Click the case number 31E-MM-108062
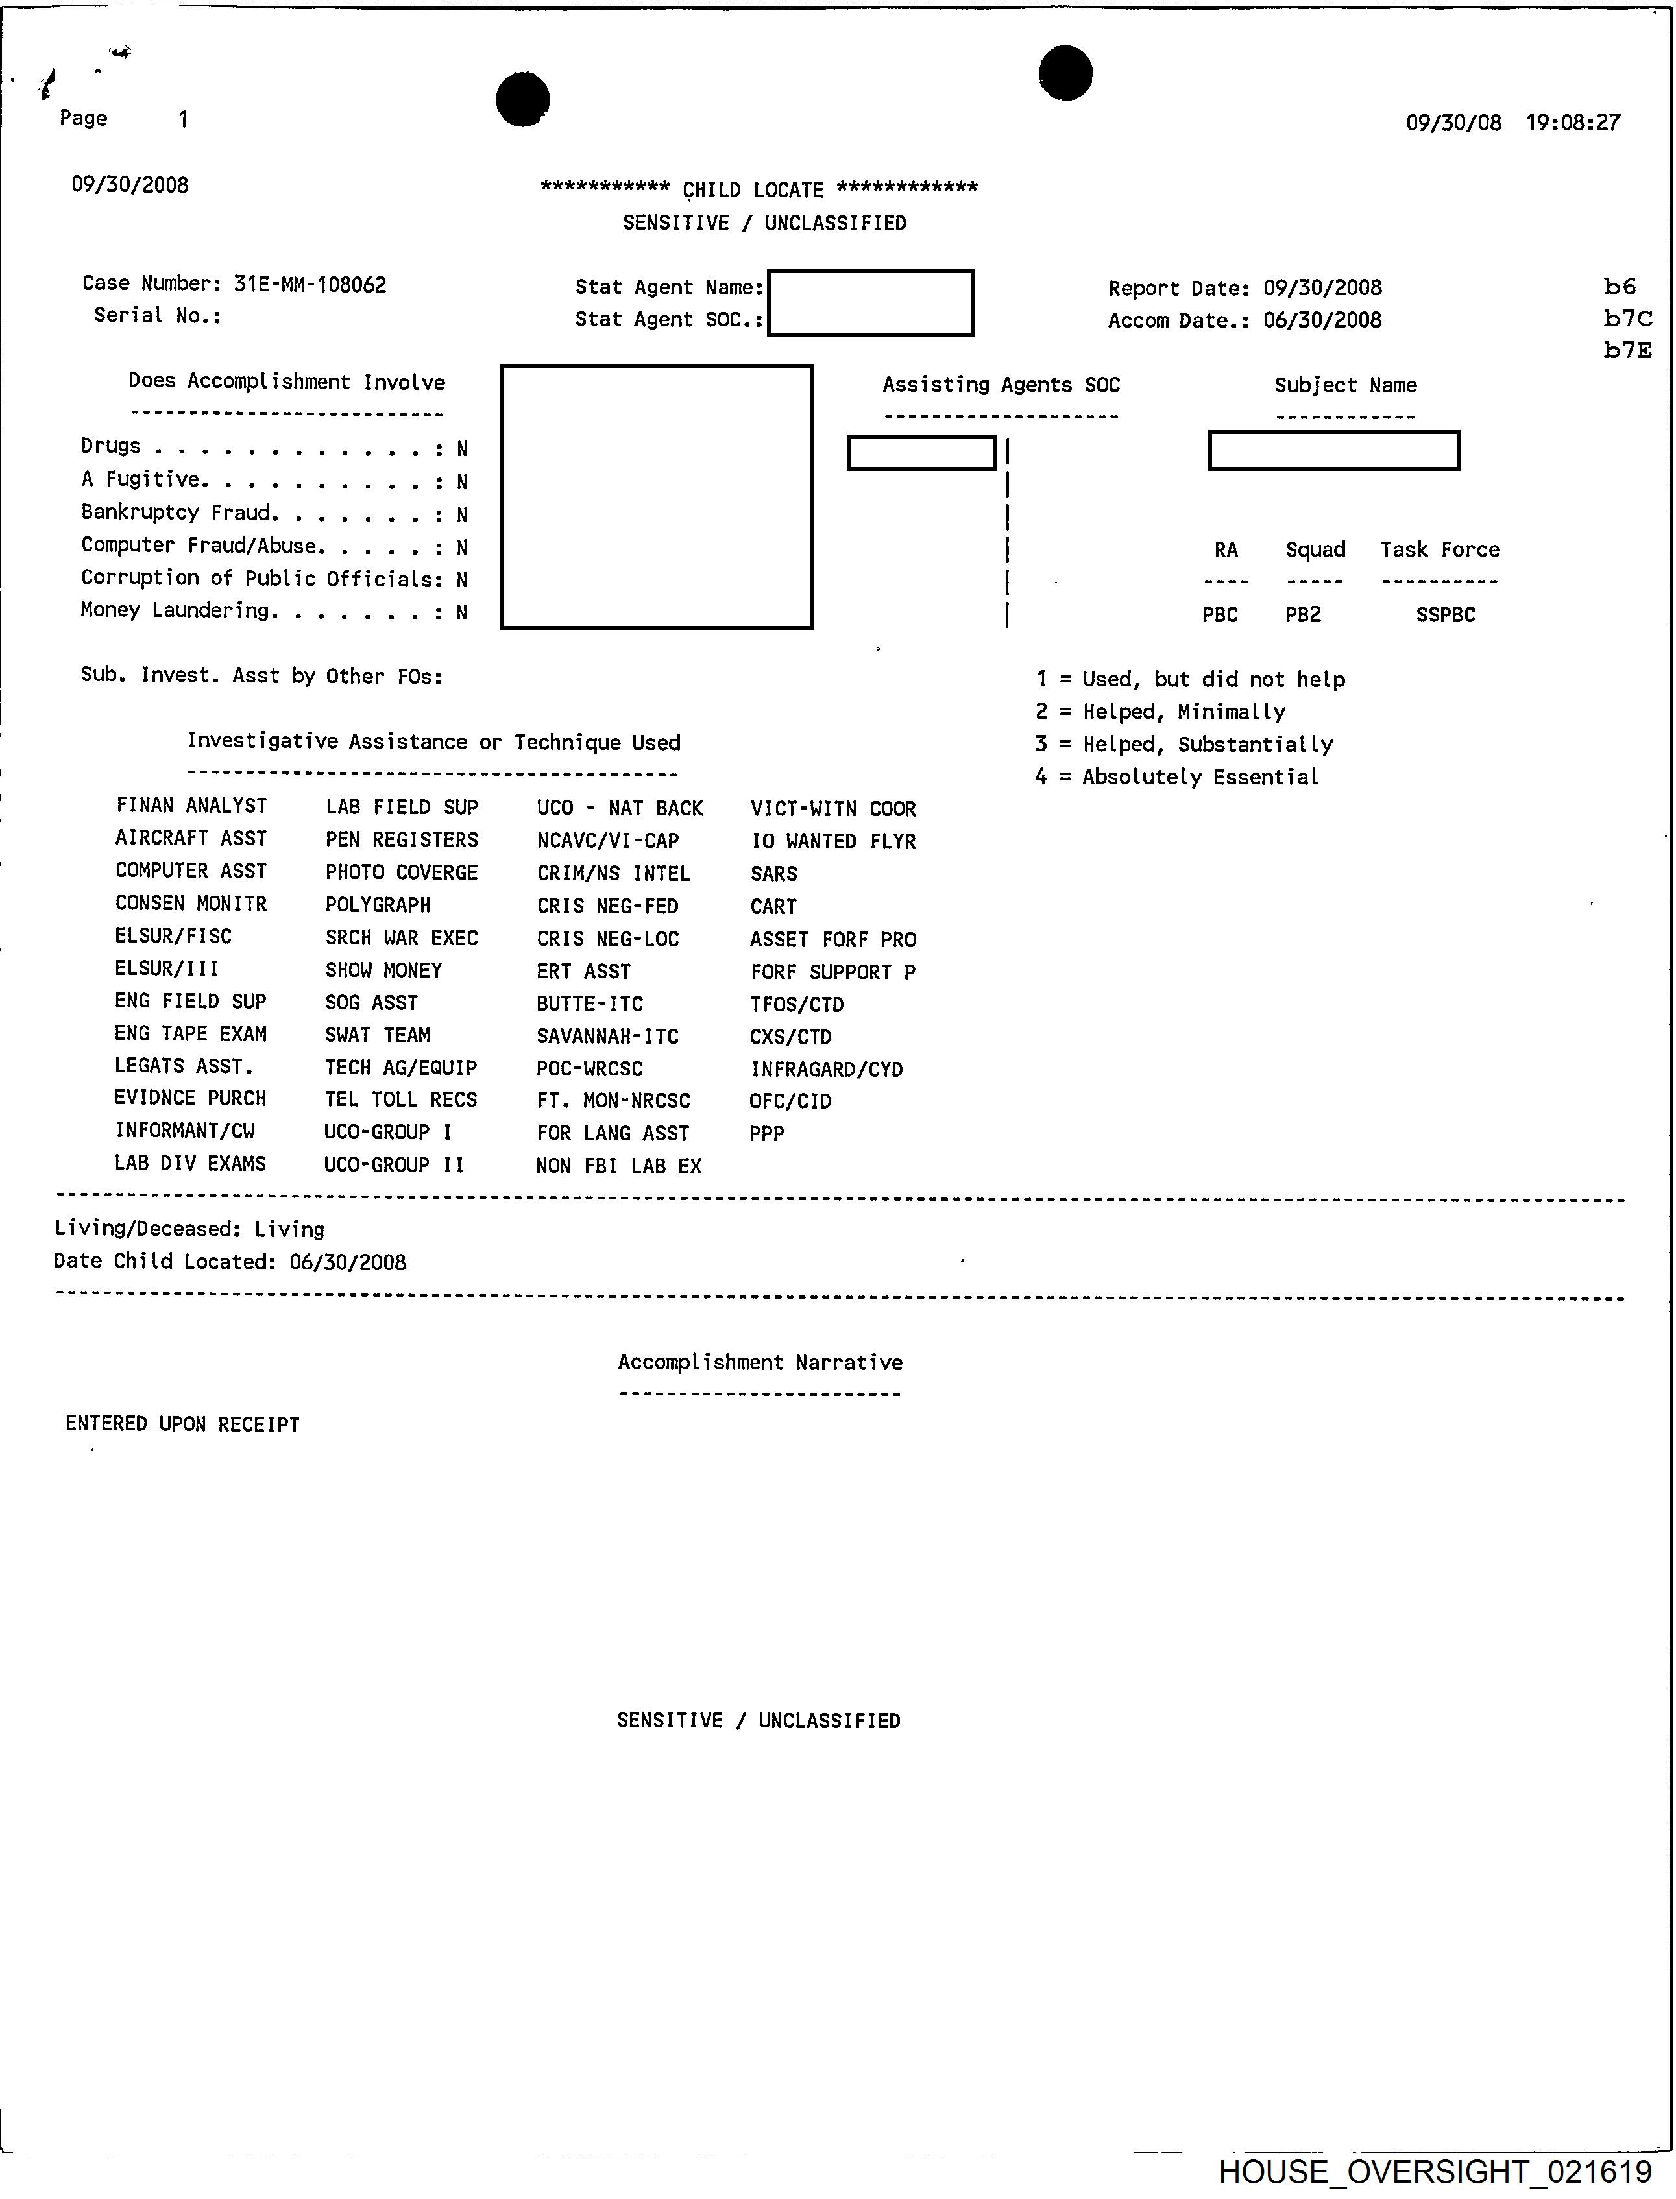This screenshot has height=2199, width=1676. pos(310,284)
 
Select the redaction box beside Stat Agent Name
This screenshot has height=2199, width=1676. pos(870,302)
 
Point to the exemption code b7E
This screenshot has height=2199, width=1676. pos(1627,350)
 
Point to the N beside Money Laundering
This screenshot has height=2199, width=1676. pos(462,612)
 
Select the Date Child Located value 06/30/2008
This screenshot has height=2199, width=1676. pos(348,1262)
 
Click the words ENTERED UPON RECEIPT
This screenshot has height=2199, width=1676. pos(182,1424)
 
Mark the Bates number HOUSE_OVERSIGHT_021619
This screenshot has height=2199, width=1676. pos(1435,2171)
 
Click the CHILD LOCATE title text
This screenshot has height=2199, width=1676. pos(753,189)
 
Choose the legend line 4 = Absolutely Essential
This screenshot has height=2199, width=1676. pos(1176,777)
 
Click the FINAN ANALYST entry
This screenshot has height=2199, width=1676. pos(191,806)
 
